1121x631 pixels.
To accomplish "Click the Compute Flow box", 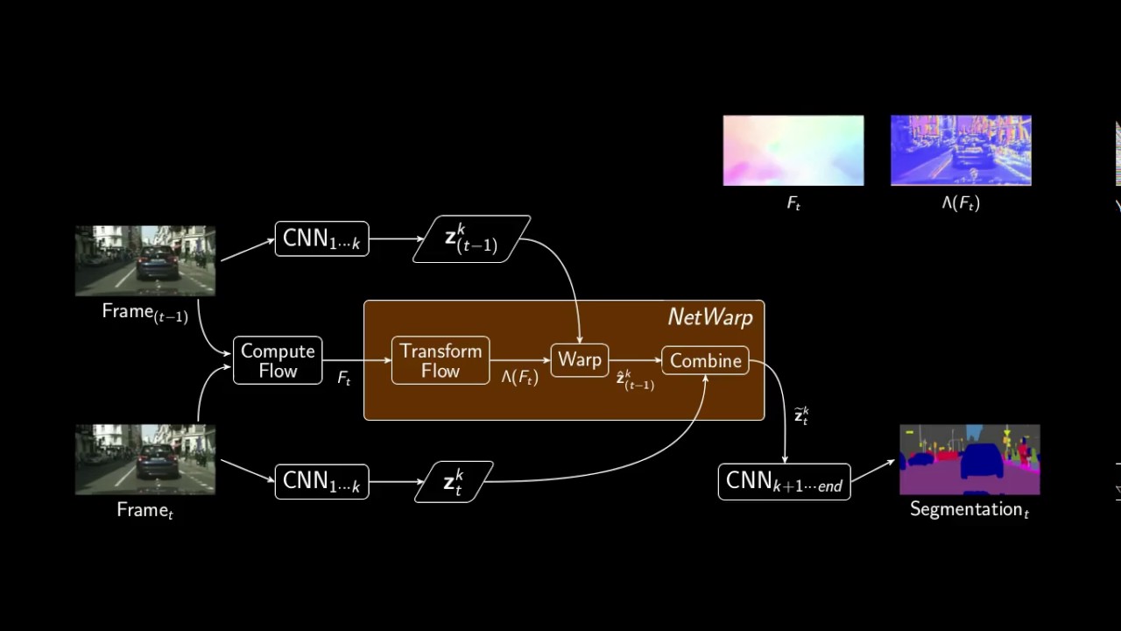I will click(x=278, y=360).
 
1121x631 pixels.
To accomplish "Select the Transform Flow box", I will click(x=441, y=360).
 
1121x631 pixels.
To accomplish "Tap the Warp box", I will click(x=580, y=360).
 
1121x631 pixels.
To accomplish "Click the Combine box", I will click(x=705, y=361).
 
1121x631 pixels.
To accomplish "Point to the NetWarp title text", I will click(x=709, y=317).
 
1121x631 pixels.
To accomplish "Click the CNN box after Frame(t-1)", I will click(x=321, y=239).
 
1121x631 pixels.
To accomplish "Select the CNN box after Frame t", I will click(x=321, y=482).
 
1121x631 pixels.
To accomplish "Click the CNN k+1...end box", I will click(x=784, y=482).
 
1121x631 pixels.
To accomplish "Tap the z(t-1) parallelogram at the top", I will click(x=472, y=238).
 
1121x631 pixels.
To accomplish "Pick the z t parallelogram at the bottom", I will click(x=454, y=482).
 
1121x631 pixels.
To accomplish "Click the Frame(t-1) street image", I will click(x=145, y=260).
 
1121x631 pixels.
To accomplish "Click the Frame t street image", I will click(x=145, y=459).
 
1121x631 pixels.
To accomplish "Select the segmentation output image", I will click(x=969, y=459).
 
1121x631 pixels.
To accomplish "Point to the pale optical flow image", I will click(x=793, y=151).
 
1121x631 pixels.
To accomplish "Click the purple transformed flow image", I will click(x=961, y=151).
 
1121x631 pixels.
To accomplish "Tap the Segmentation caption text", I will click(x=969, y=509).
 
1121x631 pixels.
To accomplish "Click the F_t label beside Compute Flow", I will click(x=344, y=379).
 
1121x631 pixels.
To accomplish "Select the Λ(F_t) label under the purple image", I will click(x=961, y=203).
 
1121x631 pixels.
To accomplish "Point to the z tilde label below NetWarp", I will click(x=801, y=415).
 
